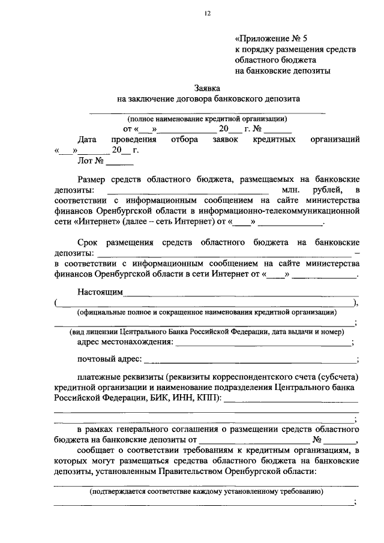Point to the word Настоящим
[x=100, y=292]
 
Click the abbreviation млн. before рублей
[x=290, y=190]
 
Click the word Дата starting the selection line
[x=88, y=139]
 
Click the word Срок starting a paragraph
[x=88, y=242]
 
